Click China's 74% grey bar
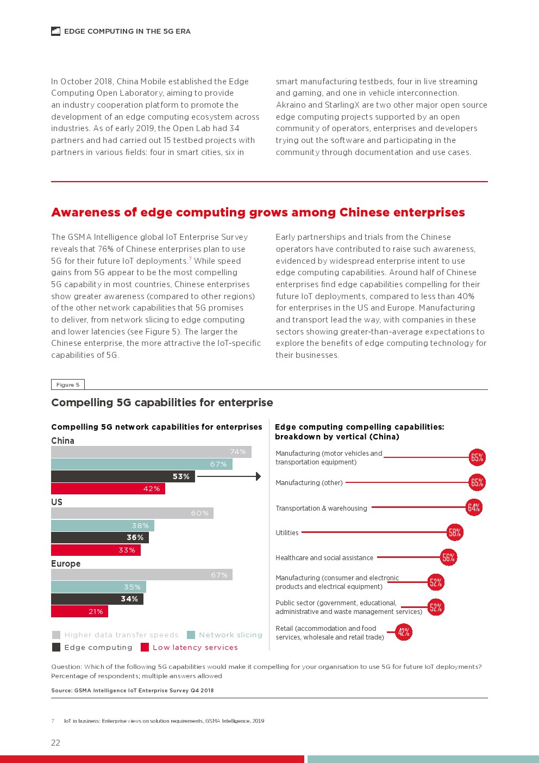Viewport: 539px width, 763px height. (151, 452)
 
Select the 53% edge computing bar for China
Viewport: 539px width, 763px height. (123, 476)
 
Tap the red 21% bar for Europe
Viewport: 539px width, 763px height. (79, 612)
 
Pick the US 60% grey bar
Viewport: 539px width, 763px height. (132, 513)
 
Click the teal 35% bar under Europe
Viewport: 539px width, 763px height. (98, 587)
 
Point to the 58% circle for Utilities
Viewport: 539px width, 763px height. (455, 533)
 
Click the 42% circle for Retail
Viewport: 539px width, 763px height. (403, 632)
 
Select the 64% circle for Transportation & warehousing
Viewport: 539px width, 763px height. (474, 508)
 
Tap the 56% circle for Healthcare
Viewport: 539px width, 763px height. (448, 557)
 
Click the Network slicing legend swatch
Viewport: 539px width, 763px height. (191, 635)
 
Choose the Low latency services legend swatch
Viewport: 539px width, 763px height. (145, 648)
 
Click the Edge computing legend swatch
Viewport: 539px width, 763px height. (56, 648)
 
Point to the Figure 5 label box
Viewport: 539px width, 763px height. (68, 384)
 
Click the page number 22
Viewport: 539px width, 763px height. (55, 743)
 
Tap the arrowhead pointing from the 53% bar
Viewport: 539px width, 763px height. (258, 476)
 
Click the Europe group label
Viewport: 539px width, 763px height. (66, 564)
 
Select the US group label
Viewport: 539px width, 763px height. (57, 502)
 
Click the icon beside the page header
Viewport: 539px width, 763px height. (55, 32)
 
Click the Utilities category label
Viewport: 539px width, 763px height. (287, 533)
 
